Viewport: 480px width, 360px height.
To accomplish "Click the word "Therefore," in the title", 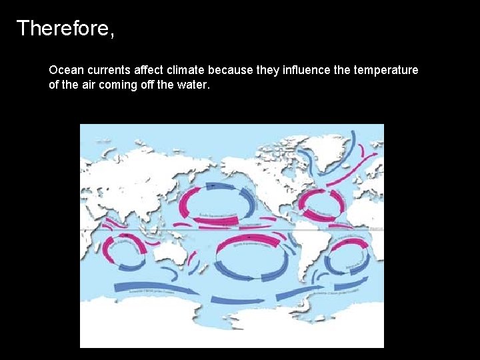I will coord(65,29).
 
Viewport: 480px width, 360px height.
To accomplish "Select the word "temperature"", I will coord(387,70).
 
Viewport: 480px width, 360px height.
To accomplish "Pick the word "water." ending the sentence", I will coord(194,85).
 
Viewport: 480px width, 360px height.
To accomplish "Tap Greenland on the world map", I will coord(325,151).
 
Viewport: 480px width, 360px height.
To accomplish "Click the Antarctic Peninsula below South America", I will coord(306,307).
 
